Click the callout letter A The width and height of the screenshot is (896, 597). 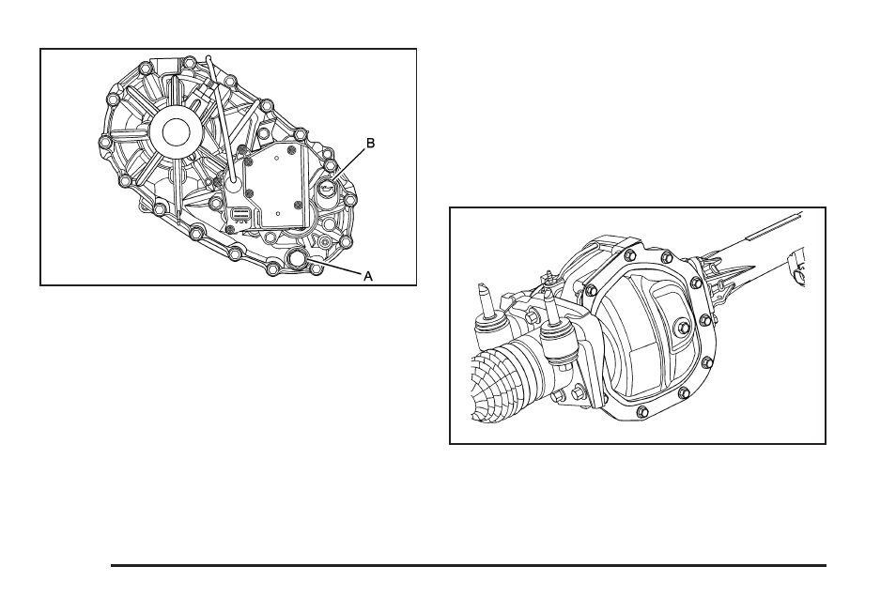tap(368, 276)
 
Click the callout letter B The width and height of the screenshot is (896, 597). tap(370, 144)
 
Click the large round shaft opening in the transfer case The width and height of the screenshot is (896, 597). tap(176, 131)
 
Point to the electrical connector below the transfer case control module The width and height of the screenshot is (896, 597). tap(240, 214)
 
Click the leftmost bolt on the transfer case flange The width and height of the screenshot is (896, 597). tap(104, 144)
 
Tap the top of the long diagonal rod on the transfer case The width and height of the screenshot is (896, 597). tap(209, 62)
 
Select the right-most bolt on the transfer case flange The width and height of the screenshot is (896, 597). tap(350, 200)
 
